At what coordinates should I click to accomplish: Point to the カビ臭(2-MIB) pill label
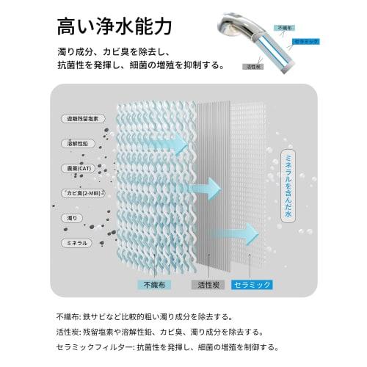click(x=83, y=193)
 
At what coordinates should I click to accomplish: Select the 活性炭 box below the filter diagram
click(x=208, y=285)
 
